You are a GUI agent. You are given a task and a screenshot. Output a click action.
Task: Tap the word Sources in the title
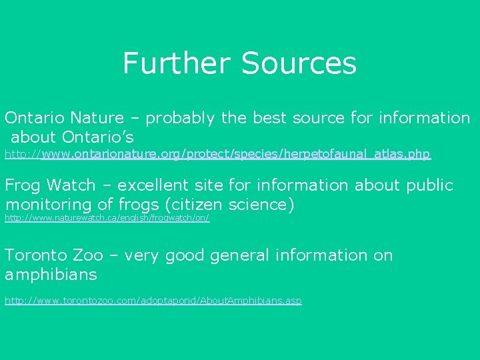(x=299, y=63)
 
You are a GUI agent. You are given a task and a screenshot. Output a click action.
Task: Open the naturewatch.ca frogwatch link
(x=107, y=218)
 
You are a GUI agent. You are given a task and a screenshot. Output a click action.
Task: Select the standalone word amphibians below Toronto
(x=51, y=275)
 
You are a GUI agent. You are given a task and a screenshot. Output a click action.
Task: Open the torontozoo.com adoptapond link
(x=153, y=301)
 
